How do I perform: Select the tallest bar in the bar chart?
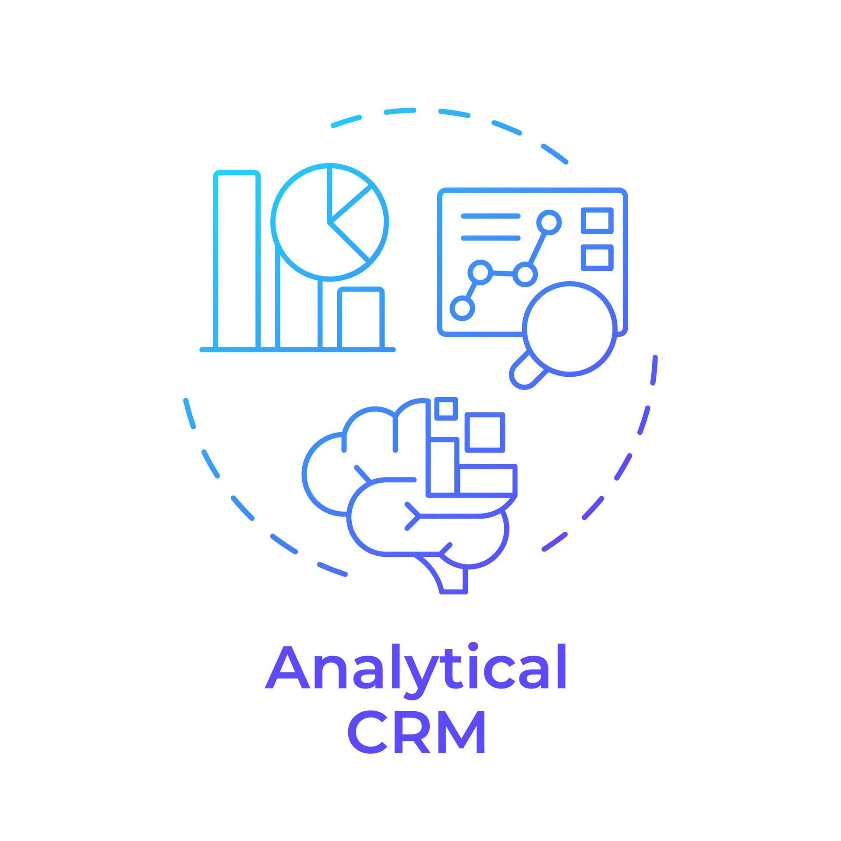coord(237,260)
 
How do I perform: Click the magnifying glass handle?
coord(528,371)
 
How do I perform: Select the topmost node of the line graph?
coord(549,223)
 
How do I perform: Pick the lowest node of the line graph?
coord(462,308)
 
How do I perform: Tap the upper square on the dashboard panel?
coord(597,220)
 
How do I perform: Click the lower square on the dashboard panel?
coord(597,258)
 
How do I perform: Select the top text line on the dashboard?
coord(491,216)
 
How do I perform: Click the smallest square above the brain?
coord(446,409)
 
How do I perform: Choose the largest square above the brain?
coord(485,432)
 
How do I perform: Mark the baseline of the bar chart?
coord(298,350)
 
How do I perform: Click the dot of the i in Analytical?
coord(473,647)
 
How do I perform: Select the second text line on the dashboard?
coord(491,238)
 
